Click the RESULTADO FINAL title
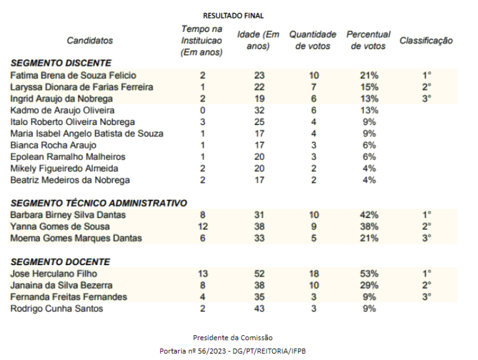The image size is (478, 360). point(233,16)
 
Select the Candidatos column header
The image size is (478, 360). point(90,41)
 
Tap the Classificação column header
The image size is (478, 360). point(426,41)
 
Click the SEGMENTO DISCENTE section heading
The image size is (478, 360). point(61,63)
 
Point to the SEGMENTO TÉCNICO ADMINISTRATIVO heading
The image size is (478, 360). point(99,203)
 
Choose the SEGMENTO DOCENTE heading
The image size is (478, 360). point(60,262)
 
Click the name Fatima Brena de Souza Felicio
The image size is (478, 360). point(73,76)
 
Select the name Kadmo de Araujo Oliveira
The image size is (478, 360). point(62,110)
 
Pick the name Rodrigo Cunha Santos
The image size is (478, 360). point(56,309)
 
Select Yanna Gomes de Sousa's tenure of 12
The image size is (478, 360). point(203,226)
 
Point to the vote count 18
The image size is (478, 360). point(313,274)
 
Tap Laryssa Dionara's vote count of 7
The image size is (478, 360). point(313,87)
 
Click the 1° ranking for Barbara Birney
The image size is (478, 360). point(427,215)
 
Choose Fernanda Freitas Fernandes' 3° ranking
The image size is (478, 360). point(427,297)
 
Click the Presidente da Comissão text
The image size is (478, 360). point(233,338)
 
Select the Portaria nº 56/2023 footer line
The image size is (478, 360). point(233,351)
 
